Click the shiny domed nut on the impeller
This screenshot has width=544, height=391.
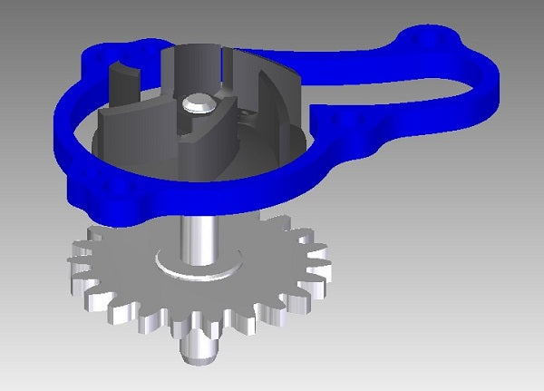click(199, 104)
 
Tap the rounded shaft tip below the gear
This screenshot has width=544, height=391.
click(199, 349)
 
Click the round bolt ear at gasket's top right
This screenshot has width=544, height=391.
click(433, 41)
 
